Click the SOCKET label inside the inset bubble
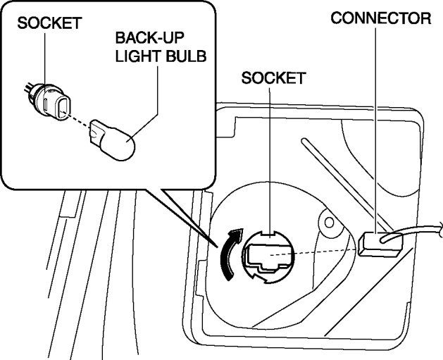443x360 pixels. (x=50, y=23)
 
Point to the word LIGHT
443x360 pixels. (x=139, y=56)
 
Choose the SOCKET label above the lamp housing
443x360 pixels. (x=273, y=78)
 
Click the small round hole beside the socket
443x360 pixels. (x=328, y=224)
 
